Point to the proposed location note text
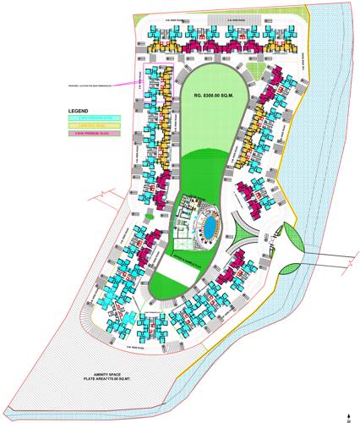tap(85, 85)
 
